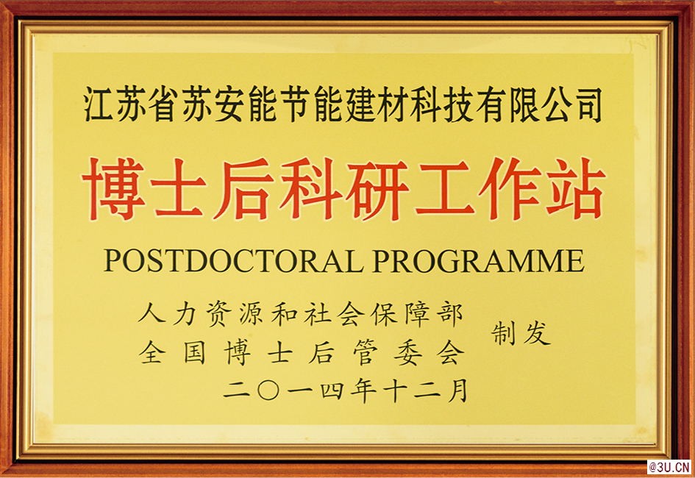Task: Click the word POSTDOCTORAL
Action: coord(233,260)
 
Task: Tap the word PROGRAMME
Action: coord(478,260)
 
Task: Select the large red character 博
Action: coord(113,189)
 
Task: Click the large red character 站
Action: coord(575,189)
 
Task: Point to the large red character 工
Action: coord(446,189)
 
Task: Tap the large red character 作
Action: coord(510,189)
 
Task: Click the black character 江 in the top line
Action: coord(99,104)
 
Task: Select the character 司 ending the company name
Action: coord(588,104)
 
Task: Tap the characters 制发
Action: coord(521,333)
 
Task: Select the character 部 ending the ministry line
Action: coord(450,314)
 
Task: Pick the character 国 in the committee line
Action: coord(195,353)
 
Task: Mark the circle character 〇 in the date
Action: coord(268,390)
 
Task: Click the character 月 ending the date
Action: coord(457,390)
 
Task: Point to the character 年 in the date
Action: coord(363,390)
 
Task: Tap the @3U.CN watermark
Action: coord(670,467)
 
